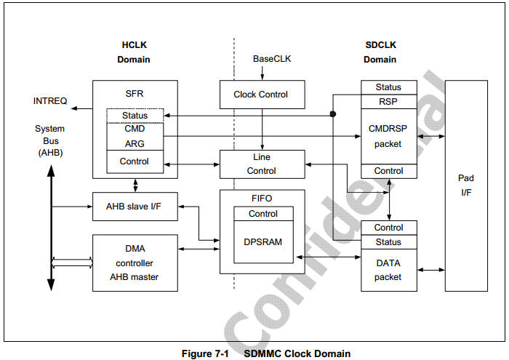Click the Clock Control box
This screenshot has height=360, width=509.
[x=262, y=95]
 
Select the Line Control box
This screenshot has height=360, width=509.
[x=262, y=164]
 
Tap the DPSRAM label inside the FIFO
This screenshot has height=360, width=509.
[x=263, y=241]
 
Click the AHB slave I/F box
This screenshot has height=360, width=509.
[x=135, y=207]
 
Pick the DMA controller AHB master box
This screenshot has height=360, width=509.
[x=135, y=263]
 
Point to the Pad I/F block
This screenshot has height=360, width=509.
[x=466, y=185]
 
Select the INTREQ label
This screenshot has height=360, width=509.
[x=50, y=101]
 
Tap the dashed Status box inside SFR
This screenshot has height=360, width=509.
[x=135, y=116]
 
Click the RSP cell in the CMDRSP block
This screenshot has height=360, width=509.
[x=389, y=102]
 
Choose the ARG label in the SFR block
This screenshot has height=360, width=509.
[x=135, y=144]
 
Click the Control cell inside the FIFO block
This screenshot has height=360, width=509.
[x=263, y=214]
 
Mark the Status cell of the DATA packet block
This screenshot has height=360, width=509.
[x=389, y=242]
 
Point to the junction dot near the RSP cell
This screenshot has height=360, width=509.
[x=333, y=114]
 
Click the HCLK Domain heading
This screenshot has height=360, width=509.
[x=134, y=52]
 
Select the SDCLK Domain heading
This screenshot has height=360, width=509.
[x=380, y=52]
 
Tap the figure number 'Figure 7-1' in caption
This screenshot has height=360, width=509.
[x=205, y=353]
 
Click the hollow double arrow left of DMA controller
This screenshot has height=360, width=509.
[x=73, y=263]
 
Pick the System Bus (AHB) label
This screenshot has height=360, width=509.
[x=49, y=140]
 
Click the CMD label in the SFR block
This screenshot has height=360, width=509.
[x=135, y=129]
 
